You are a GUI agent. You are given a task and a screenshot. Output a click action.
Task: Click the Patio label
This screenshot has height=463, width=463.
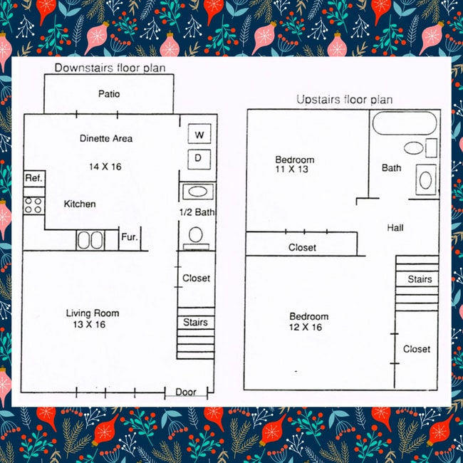click(x=108, y=93)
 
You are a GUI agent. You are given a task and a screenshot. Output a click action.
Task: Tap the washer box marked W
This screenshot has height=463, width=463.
click(x=198, y=133)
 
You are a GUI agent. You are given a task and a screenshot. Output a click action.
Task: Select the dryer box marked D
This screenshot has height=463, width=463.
click(x=198, y=158)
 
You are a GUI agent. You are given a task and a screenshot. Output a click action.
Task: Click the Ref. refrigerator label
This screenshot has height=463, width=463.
click(x=33, y=179)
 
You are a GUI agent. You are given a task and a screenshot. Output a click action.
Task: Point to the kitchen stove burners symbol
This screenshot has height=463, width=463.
click(x=33, y=205)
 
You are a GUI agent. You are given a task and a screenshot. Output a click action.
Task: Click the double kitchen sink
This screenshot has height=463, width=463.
click(x=90, y=239)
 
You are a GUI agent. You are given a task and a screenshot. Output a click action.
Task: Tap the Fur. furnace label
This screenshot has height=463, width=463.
click(x=130, y=237)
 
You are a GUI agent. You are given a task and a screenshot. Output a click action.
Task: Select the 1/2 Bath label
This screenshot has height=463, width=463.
click(x=197, y=212)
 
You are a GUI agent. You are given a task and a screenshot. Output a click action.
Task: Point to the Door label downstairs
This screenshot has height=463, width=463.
click(x=186, y=392)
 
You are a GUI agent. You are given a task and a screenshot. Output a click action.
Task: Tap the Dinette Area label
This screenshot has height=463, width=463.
click(x=106, y=138)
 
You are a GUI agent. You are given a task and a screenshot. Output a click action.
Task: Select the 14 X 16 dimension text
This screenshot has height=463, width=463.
click(x=105, y=167)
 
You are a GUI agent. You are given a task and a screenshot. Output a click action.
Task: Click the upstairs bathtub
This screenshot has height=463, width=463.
click(x=404, y=125)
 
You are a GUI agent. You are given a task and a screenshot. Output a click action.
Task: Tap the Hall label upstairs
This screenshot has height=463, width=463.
click(x=395, y=227)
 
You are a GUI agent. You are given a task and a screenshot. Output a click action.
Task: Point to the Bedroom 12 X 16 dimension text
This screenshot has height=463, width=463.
click(x=308, y=327)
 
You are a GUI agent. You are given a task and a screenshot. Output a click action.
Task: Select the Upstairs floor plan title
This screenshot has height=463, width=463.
click(x=345, y=100)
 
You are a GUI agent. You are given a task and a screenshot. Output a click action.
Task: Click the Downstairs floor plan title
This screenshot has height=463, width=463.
click(x=109, y=68)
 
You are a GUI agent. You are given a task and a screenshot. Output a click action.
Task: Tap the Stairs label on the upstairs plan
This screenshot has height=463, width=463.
click(x=420, y=279)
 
